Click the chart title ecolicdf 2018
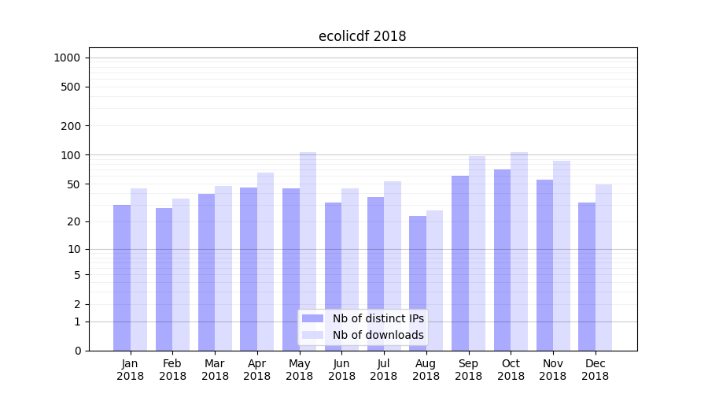click(x=362, y=36)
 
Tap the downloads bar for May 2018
click(x=308, y=251)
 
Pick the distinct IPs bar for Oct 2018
click(x=502, y=260)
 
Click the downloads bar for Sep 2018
click(x=477, y=253)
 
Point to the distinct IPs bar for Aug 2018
click(x=418, y=283)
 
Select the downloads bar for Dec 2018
click(x=603, y=267)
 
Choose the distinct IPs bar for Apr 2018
click(x=249, y=269)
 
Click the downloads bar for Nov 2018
click(x=562, y=255)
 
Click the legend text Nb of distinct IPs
click(x=378, y=318)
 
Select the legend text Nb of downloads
click(x=378, y=335)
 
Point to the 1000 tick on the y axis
click(x=67, y=58)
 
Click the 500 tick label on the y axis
click(x=71, y=87)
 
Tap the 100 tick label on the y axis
click(x=71, y=155)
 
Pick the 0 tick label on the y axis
click(x=77, y=351)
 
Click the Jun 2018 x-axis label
click(x=341, y=370)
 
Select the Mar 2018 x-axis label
click(x=215, y=370)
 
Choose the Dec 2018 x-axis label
click(x=595, y=370)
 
